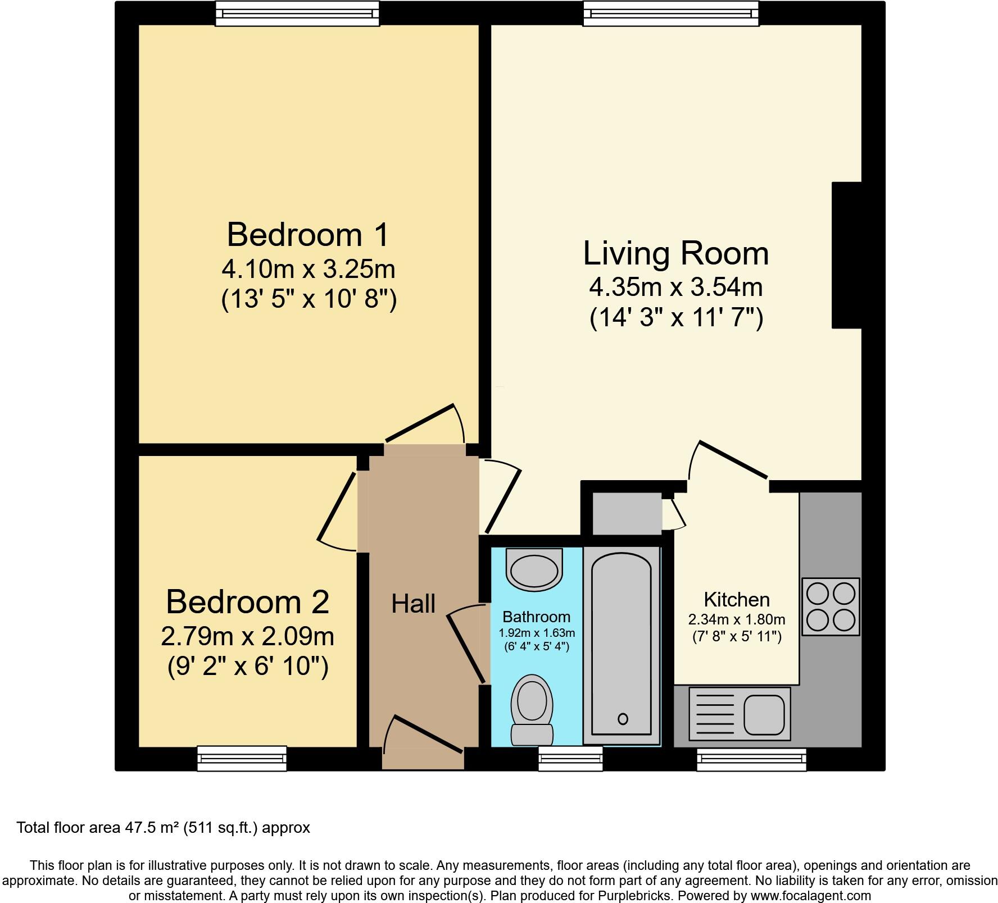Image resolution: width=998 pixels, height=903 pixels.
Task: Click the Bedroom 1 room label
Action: point(307,235)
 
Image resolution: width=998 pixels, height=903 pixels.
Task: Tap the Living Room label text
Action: point(675,253)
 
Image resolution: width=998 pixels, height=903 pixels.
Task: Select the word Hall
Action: point(413,604)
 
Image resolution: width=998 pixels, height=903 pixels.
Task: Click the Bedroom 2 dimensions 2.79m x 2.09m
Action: point(247,637)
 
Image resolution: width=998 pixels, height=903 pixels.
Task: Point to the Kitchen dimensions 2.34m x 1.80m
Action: point(736,620)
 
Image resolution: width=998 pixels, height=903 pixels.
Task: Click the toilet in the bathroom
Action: point(532,709)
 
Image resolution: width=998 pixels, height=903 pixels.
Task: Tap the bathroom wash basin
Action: point(534,570)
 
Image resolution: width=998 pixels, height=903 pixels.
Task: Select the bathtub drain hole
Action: point(622,718)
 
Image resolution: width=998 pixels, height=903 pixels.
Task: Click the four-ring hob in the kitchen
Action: point(831,606)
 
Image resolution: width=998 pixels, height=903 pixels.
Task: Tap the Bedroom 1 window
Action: point(297,13)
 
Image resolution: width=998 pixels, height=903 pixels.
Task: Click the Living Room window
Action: point(671,13)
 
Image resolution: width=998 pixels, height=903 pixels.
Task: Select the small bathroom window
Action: point(570,758)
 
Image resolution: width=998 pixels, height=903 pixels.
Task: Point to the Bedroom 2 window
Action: point(242,758)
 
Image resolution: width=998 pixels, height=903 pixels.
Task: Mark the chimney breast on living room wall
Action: point(846,255)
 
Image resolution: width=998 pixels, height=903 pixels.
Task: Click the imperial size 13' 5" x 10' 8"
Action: point(309,299)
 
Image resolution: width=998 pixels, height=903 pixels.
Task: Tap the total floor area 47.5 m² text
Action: point(163,828)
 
